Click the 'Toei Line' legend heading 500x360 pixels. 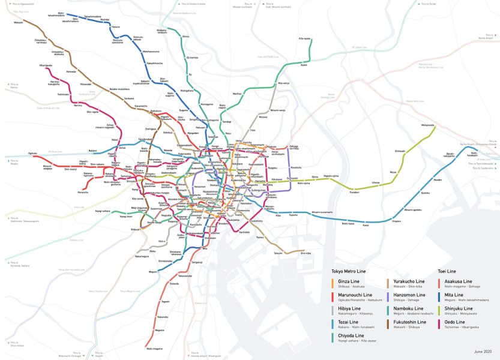[447, 271]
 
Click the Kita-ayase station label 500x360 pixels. [304, 38]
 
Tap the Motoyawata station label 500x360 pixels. [427, 125]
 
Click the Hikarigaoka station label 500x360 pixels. [46, 65]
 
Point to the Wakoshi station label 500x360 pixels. [19, 22]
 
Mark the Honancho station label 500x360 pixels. [83, 192]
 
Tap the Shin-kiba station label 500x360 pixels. [306, 253]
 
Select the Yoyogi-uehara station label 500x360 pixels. [102, 211]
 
